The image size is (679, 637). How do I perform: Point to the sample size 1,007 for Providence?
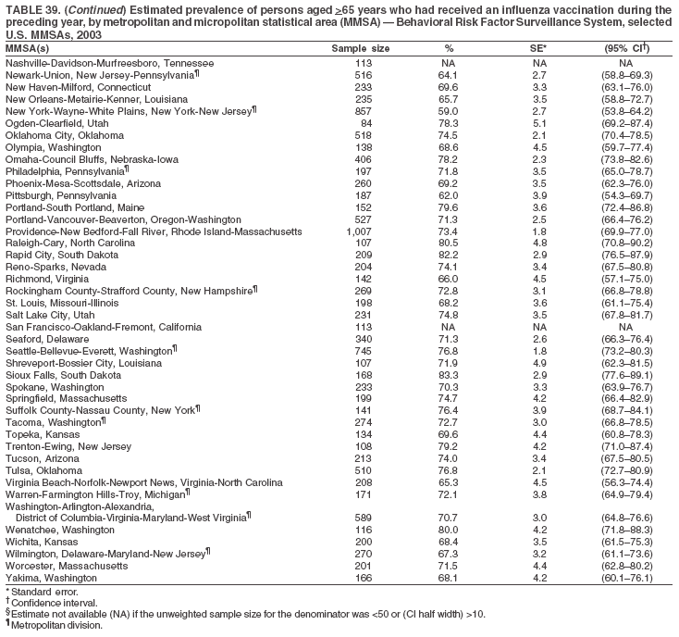364,231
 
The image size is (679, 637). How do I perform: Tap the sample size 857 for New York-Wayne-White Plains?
364,110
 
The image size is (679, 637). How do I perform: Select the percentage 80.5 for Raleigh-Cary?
448,243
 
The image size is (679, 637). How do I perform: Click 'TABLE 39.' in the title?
31,7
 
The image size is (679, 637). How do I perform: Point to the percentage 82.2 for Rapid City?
448,255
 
